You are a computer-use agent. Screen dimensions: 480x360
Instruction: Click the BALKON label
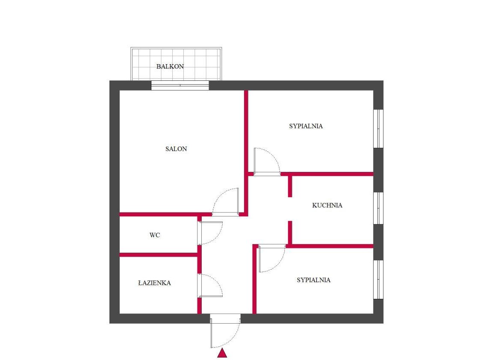click(x=170, y=66)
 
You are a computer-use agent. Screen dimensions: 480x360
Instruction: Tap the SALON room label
click(x=176, y=149)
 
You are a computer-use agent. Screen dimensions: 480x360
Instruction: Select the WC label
click(x=155, y=235)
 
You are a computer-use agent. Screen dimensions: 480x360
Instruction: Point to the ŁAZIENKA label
click(x=154, y=283)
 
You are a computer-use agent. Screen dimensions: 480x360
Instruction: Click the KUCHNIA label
click(x=327, y=205)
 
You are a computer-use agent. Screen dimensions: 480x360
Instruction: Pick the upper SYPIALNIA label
click(x=306, y=126)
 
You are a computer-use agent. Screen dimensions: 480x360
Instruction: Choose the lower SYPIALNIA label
click(x=313, y=280)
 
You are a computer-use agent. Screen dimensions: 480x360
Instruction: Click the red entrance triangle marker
click(x=222, y=353)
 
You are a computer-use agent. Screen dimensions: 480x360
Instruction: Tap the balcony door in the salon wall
click(x=180, y=86)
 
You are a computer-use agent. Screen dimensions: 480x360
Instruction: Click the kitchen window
click(x=378, y=208)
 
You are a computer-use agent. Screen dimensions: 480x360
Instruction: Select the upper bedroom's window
click(x=378, y=129)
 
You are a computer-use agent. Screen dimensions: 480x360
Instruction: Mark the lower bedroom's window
click(x=378, y=280)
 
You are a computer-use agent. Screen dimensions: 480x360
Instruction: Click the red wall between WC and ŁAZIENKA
click(x=158, y=255)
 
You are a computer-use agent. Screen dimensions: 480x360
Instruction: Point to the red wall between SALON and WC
click(x=165, y=214)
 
